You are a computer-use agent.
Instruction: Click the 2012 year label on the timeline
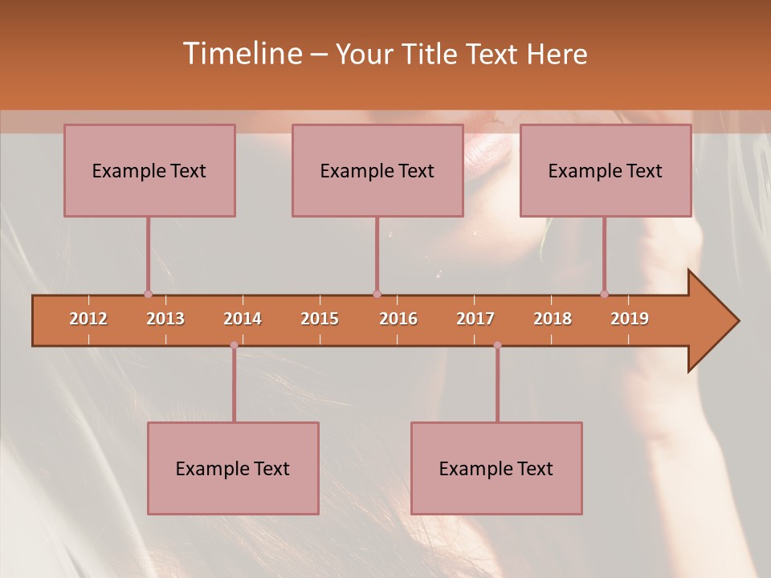(88, 319)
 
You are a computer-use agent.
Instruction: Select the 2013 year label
(165, 319)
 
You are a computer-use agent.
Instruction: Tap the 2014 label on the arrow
(243, 319)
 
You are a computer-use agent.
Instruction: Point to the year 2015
(320, 319)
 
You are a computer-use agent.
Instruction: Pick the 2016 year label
(398, 319)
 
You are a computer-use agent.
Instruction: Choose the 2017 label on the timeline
(475, 319)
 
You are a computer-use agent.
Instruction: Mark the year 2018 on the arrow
(553, 319)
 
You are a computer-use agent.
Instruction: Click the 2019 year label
(630, 319)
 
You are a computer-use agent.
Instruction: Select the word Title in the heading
(430, 54)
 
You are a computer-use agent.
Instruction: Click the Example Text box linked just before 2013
(149, 170)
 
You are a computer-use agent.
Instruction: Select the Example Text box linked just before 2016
(377, 170)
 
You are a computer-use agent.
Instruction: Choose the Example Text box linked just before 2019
(606, 170)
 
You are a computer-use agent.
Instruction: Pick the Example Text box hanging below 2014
(233, 468)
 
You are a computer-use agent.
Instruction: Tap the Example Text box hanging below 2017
(496, 468)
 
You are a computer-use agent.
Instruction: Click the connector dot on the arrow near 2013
(148, 294)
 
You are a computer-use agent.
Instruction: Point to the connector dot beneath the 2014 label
(234, 345)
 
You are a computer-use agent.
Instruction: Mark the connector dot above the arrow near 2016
(377, 294)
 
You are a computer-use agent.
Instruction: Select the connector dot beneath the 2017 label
(497, 345)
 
